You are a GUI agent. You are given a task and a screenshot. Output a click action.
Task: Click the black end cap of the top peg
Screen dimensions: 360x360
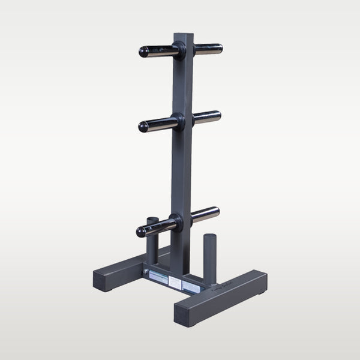click(x=144, y=52)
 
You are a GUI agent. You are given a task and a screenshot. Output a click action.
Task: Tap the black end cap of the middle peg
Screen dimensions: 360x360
click(x=143, y=127)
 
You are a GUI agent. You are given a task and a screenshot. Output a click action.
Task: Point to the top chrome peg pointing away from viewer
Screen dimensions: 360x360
click(x=208, y=49)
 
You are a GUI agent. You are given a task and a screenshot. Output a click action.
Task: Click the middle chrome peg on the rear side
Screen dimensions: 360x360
click(x=207, y=116)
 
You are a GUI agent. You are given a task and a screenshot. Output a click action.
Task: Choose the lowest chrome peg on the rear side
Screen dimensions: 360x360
click(x=205, y=213)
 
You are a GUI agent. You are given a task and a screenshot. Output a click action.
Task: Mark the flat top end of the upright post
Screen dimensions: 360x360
click(x=182, y=35)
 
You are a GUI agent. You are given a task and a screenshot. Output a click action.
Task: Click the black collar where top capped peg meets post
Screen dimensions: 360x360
click(x=178, y=50)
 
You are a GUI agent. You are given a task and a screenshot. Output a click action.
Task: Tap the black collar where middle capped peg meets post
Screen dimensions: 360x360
click(x=177, y=121)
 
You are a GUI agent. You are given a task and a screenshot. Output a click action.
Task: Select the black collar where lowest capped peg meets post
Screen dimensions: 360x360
click(x=175, y=221)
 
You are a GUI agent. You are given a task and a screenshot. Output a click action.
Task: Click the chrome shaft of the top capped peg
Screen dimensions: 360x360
click(x=161, y=52)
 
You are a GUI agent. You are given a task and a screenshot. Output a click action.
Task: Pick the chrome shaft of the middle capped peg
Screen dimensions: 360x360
click(x=160, y=124)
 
